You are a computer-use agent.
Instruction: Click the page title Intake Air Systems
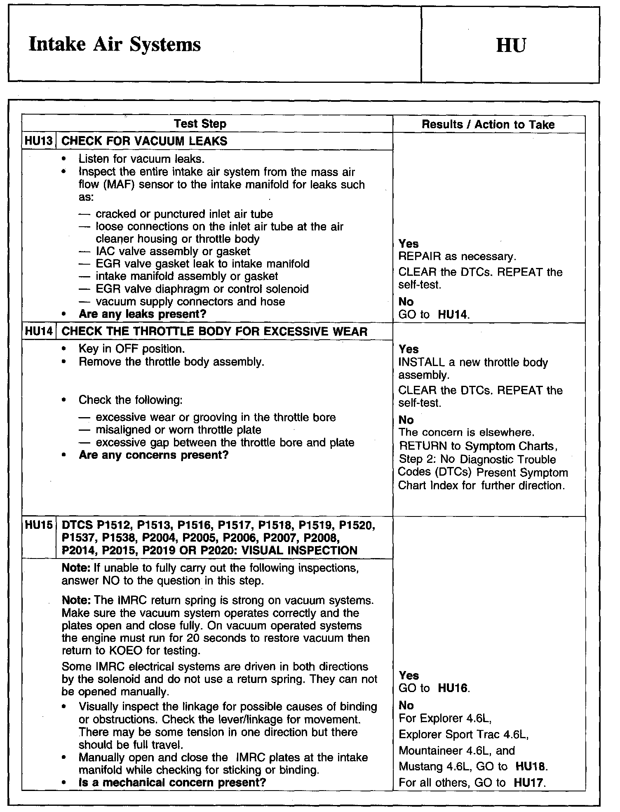point(115,45)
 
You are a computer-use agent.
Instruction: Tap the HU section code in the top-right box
point(511,45)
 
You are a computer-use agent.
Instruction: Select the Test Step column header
point(200,124)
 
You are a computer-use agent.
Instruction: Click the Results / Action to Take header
point(488,124)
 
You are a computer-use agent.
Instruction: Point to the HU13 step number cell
point(39,141)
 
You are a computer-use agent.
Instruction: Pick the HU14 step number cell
point(39,331)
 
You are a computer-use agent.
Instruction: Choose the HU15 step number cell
point(39,525)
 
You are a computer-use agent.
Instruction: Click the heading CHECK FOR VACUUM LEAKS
point(144,141)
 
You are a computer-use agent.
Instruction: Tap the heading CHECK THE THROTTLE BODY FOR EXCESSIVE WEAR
point(214,332)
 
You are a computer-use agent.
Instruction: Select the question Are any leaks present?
point(142,314)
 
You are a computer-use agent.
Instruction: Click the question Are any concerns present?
point(153,455)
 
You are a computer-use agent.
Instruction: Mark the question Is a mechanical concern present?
point(172,782)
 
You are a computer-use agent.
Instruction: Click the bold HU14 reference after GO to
point(453,315)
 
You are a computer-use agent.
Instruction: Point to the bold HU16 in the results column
point(453,688)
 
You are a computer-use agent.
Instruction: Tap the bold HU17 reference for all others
point(530,782)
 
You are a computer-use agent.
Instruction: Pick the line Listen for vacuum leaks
point(141,159)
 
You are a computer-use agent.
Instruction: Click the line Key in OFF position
point(132,349)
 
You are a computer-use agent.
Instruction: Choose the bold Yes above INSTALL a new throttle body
point(409,349)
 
